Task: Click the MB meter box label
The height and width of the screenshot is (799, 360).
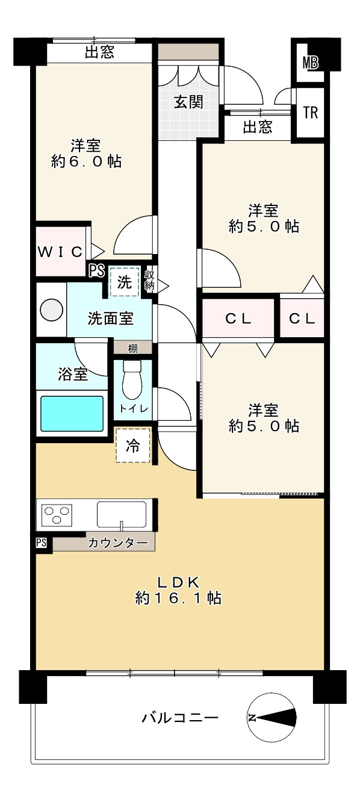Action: [x=311, y=61]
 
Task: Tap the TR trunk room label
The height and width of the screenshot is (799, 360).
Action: [x=311, y=113]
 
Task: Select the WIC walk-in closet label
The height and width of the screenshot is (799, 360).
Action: [x=60, y=252]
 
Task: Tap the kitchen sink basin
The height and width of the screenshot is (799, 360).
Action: [x=122, y=515]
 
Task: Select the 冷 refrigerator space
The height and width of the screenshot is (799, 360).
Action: [x=132, y=446]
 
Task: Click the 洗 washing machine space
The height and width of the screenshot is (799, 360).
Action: [x=125, y=282]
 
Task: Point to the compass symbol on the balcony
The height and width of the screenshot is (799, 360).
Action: [x=272, y=718]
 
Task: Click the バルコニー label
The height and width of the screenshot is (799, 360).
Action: [x=180, y=718]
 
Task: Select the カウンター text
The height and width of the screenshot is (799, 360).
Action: [x=118, y=543]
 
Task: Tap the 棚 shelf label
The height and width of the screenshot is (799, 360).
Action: [x=133, y=348]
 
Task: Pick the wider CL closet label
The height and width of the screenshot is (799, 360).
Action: [x=239, y=319]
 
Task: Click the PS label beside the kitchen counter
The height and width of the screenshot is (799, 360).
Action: [x=41, y=543]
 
